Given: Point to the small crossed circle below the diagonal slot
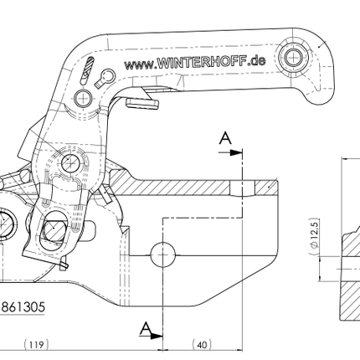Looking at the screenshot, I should [x=82, y=98].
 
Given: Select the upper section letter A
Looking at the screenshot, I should [x=224, y=139].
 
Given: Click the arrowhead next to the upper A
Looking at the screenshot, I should [x=237, y=153].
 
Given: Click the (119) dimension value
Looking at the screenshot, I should [x=34, y=344].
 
